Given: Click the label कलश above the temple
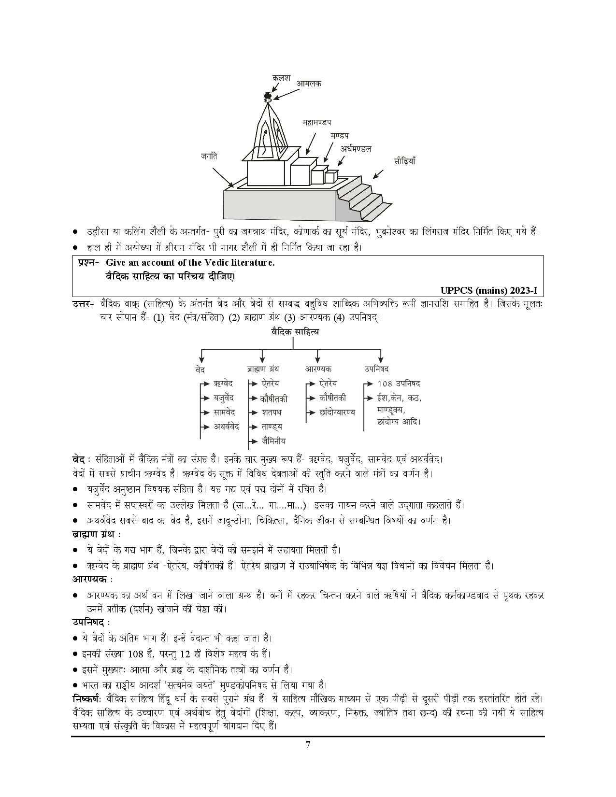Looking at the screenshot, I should (281, 78).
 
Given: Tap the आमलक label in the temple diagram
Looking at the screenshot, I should (308, 84).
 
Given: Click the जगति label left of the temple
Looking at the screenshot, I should (209, 156).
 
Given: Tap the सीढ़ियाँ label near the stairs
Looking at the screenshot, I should (404, 161).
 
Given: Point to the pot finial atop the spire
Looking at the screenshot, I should (268, 97).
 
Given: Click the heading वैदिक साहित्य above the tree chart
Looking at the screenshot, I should (295, 332).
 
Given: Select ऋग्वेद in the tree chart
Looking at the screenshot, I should (223, 384).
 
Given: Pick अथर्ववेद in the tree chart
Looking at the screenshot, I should (227, 427).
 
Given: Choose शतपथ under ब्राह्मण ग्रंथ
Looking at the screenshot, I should (272, 413).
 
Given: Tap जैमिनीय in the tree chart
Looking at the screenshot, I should (274, 441).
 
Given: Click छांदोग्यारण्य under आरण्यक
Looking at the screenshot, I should (337, 413).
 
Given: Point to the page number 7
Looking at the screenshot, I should (308, 758).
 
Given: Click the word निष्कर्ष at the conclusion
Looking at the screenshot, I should (85, 698).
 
